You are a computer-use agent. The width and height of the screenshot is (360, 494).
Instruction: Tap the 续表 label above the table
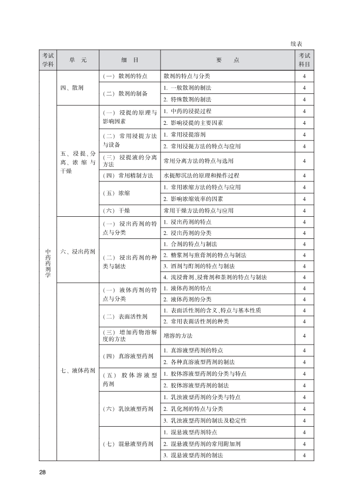pos(297,44)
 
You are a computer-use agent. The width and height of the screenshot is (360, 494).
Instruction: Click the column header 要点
pos(227,60)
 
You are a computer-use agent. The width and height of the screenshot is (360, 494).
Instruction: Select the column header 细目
pos(130,60)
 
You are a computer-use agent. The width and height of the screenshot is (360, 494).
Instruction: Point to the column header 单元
pos(78,60)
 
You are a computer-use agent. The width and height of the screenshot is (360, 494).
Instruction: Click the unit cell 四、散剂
pos(72,88)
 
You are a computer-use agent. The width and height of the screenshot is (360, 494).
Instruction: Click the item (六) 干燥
pos(116,211)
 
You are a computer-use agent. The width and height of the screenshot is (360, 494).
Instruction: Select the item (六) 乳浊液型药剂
pos(128,409)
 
